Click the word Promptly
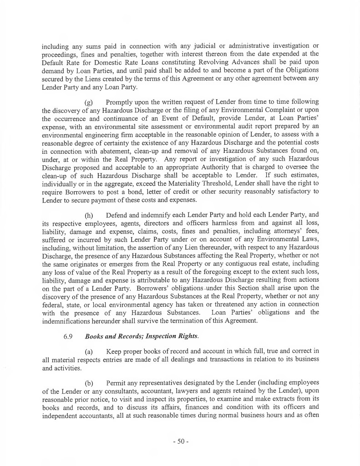click(x=120, y=101)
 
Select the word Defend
click(x=118, y=227)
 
